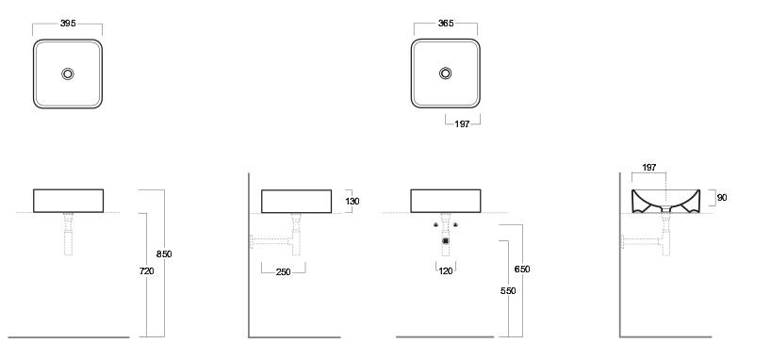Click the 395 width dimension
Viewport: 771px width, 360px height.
point(68,24)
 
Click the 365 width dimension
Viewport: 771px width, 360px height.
point(446,24)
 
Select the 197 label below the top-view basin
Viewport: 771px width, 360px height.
point(462,124)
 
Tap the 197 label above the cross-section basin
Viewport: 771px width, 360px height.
point(649,168)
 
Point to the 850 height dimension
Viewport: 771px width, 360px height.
point(164,254)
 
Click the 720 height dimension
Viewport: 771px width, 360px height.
point(146,271)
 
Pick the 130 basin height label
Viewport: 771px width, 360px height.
point(353,201)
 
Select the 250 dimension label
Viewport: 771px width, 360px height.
point(283,272)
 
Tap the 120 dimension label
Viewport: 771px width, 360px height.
point(446,271)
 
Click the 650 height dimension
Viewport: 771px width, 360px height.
point(522,269)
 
